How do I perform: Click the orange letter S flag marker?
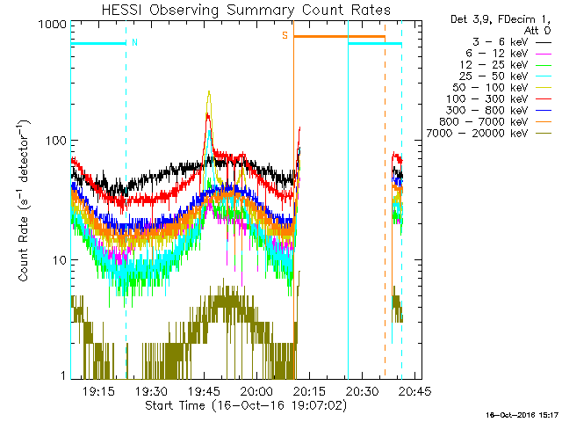285,36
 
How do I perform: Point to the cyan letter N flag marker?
134,42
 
